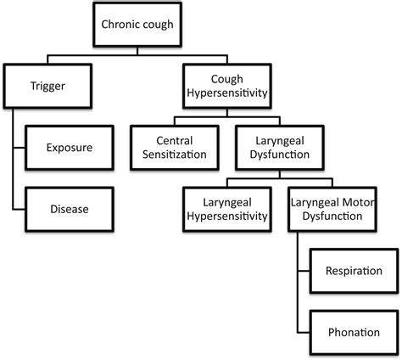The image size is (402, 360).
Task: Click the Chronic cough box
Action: [137, 25]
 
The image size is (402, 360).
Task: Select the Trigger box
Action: [47, 86]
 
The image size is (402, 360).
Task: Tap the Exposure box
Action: [70, 148]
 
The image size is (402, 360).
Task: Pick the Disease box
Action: [70, 209]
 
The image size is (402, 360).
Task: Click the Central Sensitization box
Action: [175, 148]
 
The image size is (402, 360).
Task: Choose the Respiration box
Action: [354, 271]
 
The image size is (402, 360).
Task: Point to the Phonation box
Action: [354, 332]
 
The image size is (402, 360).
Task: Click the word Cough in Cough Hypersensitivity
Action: [227, 79]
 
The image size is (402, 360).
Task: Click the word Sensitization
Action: [175, 155]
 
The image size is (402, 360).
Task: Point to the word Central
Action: [175, 141]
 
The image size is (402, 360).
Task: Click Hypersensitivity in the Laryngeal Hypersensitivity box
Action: [227, 217]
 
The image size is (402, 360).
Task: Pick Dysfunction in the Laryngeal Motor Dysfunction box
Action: [332, 217]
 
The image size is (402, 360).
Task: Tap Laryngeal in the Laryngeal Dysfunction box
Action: [280, 141]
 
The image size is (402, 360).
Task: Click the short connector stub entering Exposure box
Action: [19, 148]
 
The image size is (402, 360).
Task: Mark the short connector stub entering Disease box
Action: [19, 210]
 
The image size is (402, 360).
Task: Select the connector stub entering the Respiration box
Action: [304, 271]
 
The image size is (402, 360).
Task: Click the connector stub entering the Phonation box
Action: [304, 333]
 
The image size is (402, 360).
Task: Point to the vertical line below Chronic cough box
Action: [137, 51]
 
